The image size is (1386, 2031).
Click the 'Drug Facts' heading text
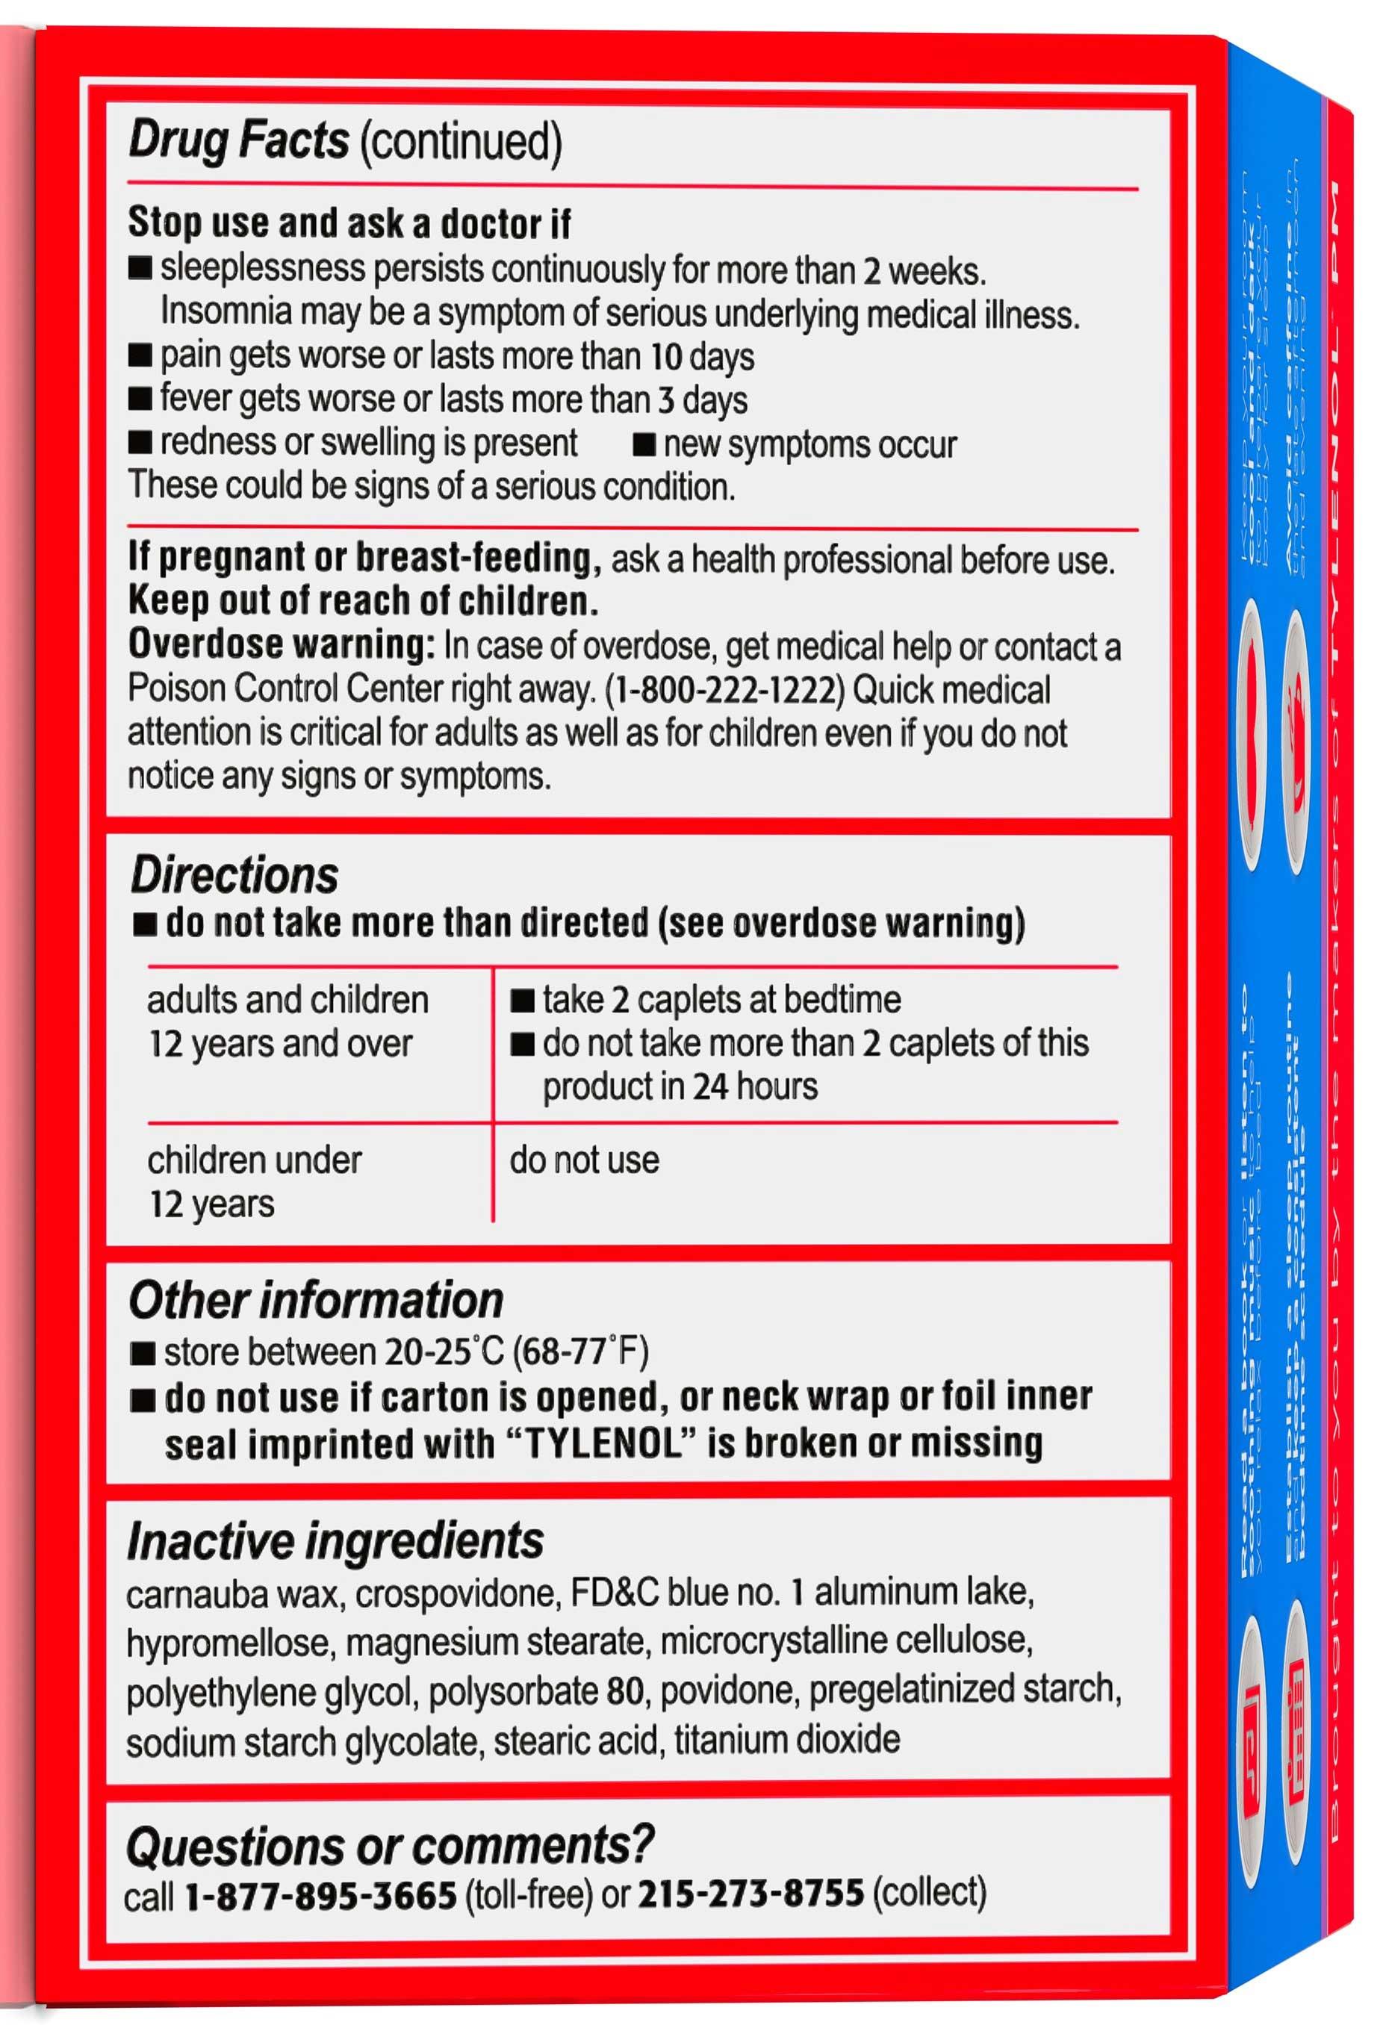pos(237,140)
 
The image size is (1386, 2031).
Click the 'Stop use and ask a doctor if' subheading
pos(349,224)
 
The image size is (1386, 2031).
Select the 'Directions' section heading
pos(234,876)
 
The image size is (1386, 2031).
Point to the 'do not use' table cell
pos(584,1160)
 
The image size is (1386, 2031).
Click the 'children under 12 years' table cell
pos(253,1181)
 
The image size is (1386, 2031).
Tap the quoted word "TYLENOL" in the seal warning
pos(602,1443)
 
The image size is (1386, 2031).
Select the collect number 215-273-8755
pos(751,1894)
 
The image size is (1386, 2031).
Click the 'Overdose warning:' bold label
pos(281,645)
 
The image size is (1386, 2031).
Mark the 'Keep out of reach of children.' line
pos(363,601)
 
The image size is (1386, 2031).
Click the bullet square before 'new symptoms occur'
pos(643,445)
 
